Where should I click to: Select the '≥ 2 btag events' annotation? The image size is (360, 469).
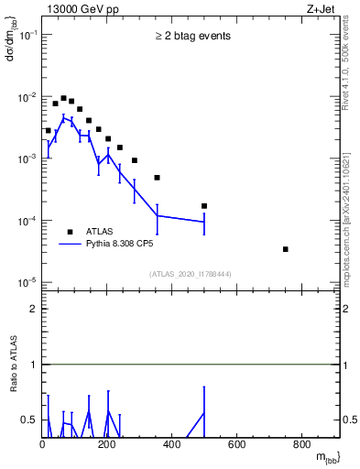pos(192,37)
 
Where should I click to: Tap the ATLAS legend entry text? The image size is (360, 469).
pos(101,232)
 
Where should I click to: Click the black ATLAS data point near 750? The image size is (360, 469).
pos(286,249)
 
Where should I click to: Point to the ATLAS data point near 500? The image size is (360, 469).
pos(204,206)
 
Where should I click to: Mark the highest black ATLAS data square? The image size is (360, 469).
pos(63,98)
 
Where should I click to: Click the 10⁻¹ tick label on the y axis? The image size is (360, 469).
pos(28,35)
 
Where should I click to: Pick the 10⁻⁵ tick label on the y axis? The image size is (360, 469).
pos(28,282)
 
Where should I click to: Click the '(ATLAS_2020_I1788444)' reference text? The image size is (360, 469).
pos(191,274)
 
